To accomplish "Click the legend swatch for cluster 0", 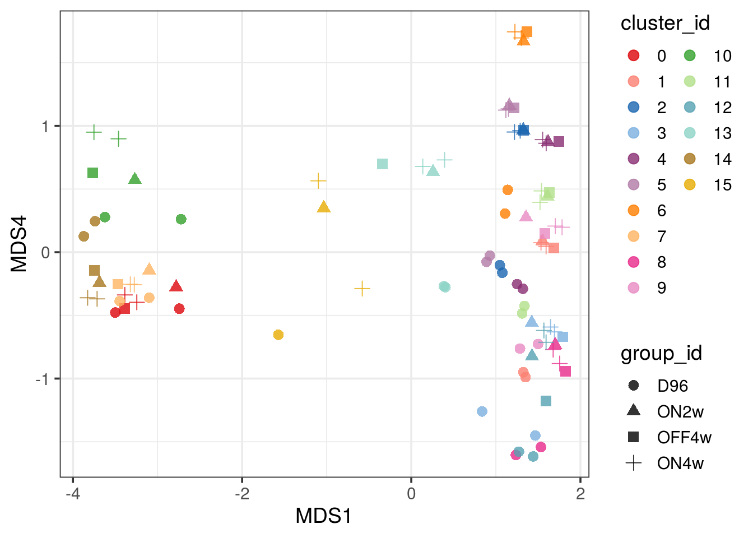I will pos(634,55).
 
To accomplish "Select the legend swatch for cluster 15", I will pos(690,184).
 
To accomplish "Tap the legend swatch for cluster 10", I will pos(690,55).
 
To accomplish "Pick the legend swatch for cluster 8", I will pos(634,262).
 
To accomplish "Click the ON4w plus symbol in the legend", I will pos(634,463).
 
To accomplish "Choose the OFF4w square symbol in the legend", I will pos(634,437).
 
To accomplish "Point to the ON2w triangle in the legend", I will pos(634,411).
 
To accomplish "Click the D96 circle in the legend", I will pos(634,386).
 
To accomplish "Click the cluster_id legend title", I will pos(665,23).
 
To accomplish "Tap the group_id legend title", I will pos(661,354).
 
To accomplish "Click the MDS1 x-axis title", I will pos(324,516).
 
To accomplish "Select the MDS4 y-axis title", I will pos(18,244).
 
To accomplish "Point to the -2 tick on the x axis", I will pos(242,494).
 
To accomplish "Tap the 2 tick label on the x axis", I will pos(580,494).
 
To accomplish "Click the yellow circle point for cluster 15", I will pos(278,335).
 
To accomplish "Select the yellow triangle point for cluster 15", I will pos(323,207).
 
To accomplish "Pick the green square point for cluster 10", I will pos(93,173).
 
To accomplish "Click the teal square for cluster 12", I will pos(546,401).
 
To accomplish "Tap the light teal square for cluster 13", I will pos(383,164).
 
